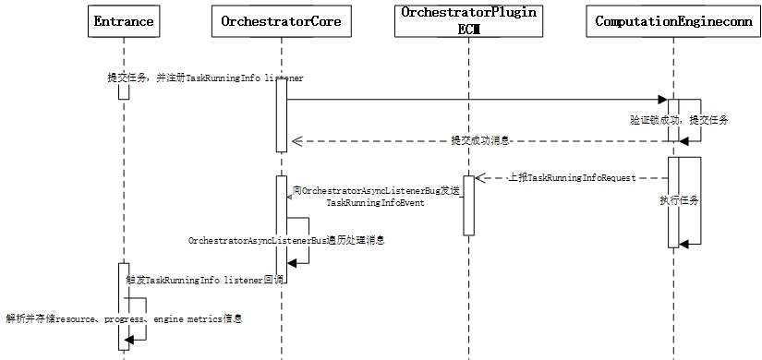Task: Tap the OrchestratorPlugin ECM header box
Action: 469,21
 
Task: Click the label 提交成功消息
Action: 479,141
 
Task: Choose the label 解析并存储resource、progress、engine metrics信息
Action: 125,318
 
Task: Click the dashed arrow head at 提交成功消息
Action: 296,141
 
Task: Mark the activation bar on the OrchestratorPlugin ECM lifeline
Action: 468,205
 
